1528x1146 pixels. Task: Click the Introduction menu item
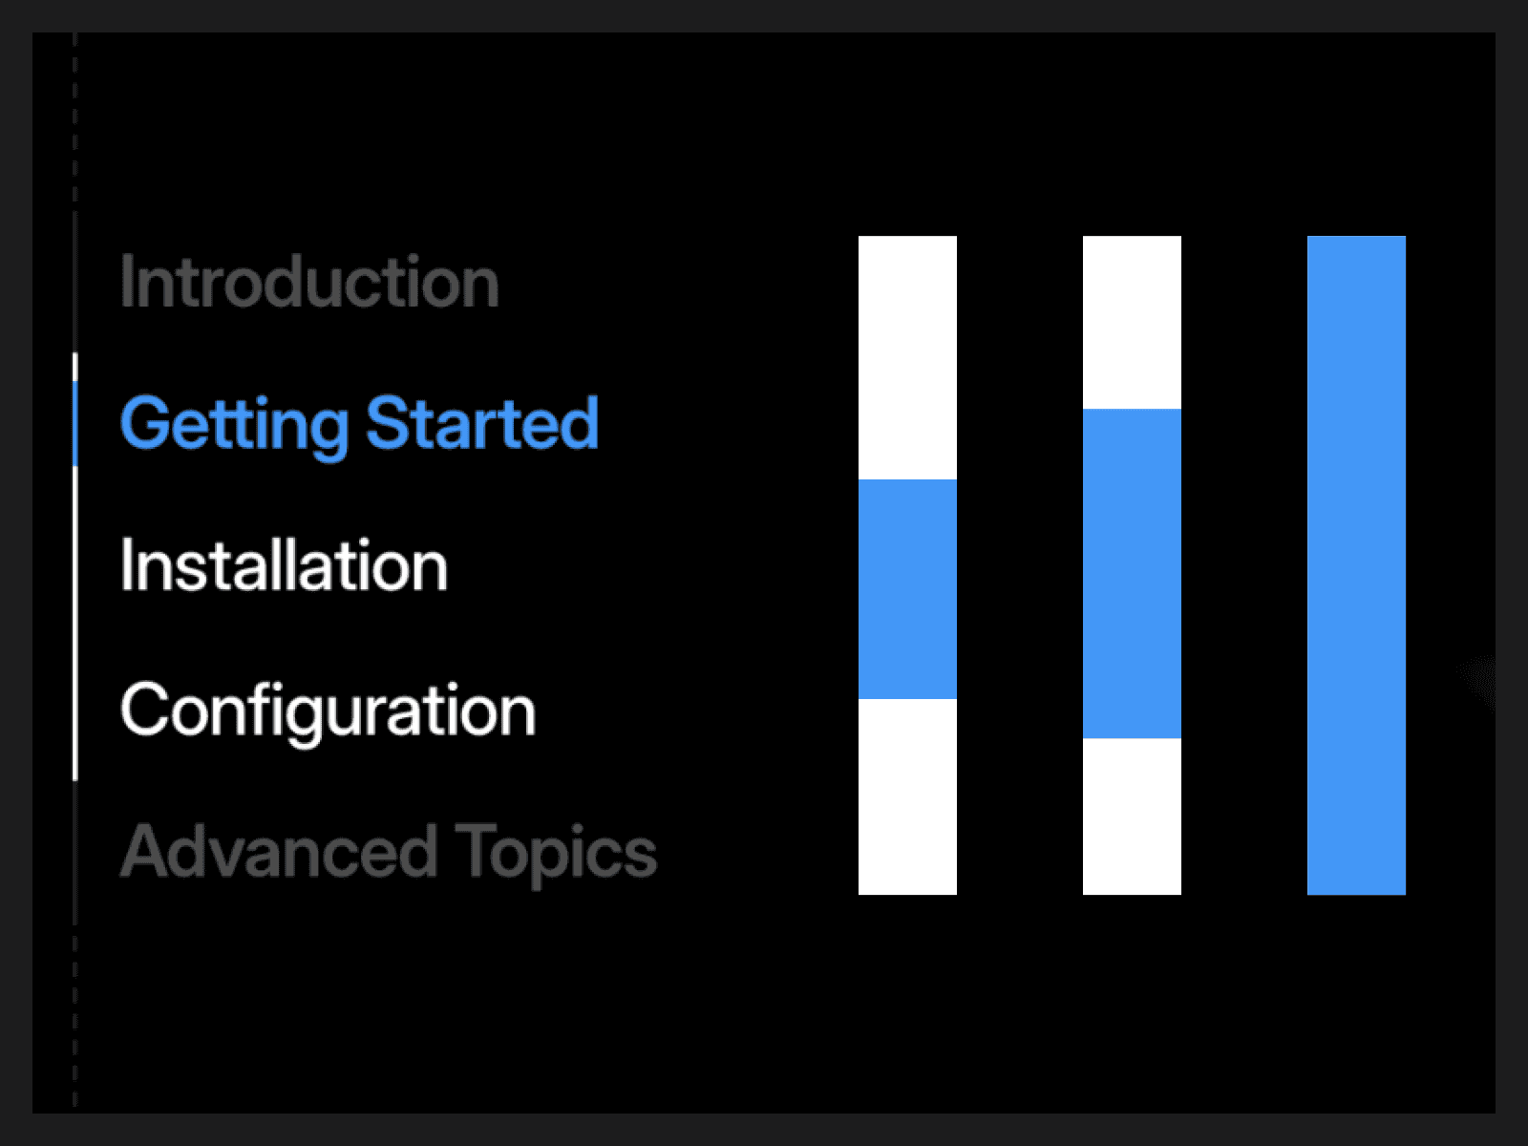coord(309,281)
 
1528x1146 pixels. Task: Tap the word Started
coord(481,422)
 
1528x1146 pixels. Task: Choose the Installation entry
coord(284,565)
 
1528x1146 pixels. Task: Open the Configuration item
coord(328,711)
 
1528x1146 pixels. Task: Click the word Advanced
coord(279,850)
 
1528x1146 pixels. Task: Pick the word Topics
coord(556,855)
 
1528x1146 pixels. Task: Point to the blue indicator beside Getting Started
coord(75,423)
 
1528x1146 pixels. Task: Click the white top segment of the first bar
coord(907,357)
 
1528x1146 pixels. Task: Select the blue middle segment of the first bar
coord(907,588)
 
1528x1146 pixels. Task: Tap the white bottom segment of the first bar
coord(907,796)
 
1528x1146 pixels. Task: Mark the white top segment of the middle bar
coord(1132,322)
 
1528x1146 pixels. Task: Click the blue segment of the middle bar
coord(1132,573)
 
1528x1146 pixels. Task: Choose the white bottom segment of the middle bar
coord(1132,817)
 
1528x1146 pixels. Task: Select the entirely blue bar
coord(1356,565)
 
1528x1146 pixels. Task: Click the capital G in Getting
coord(142,422)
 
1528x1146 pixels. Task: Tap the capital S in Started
coord(387,422)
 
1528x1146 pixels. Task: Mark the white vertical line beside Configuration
coord(75,623)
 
